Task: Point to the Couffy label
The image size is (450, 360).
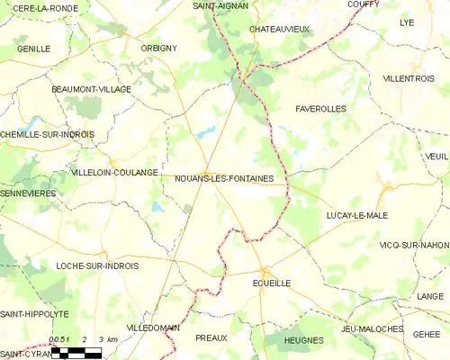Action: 364,4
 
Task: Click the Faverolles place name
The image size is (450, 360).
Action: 320,108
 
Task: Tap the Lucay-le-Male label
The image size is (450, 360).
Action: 356,217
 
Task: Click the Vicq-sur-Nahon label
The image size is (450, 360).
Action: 415,245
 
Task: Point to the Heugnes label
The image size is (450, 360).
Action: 303,339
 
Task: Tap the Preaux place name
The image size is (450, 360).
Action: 211,338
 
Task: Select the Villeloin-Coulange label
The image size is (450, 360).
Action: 114,172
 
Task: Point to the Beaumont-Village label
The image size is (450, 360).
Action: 92,90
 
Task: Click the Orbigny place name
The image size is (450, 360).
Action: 158,48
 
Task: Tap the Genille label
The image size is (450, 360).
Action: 33,49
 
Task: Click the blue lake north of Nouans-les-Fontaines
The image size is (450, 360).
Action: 207,132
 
